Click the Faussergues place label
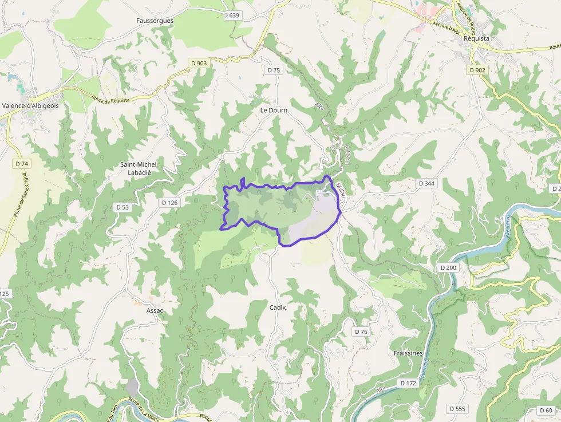coord(155,20)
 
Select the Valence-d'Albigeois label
coord(30,105)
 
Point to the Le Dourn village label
coord(274,110)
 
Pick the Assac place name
coord(155,310)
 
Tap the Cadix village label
coord(278,307)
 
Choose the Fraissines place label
coord(408,353)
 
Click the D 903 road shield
coord(197,63)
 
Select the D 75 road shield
coord(274,70)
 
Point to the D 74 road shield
coord(22,164)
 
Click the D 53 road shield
coord(123,207)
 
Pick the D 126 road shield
coord(170,203)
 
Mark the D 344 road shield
coord(426,183)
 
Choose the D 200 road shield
coord(449,267)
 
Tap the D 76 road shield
coord(361,332)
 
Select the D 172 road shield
coord(408,382)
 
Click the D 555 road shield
coord(458,409)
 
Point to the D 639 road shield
coord(232,15)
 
